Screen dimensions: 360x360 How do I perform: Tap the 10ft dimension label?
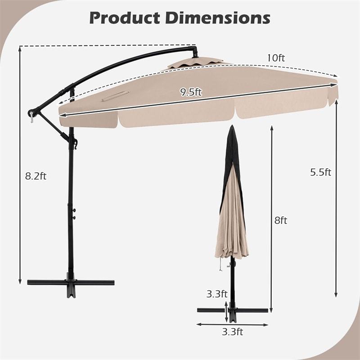tap(276, 58)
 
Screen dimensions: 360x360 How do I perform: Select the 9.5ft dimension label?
tap(191, 93)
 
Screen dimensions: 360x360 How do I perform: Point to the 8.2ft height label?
tap(36, 176)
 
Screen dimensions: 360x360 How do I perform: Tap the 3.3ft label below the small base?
tap(233, 332)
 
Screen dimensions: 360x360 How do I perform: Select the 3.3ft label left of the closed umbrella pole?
tap(217, 294)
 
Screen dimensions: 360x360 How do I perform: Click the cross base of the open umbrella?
tap(71, 282)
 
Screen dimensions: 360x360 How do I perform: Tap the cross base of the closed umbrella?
tap(233, 310)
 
